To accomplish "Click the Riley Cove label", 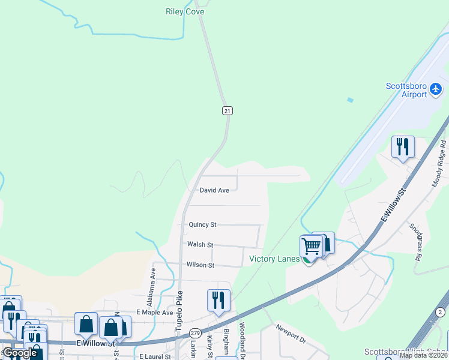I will tap(185, 11).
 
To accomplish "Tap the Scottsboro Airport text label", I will tap(406, 90).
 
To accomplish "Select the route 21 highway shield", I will tap(227, 110).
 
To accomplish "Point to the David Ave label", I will tap(214, 190).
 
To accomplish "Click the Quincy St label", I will tap(202, 224).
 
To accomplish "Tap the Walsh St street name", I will tap(200, 245).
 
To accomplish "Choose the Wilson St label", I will tap(200, 265).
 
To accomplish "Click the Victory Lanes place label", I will tap(274, 259).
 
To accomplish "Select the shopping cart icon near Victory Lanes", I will tap(311, 245).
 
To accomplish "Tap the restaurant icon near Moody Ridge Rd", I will tap(403, 146).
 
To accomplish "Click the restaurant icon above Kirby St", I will tap(218, 299).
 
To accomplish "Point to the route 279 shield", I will tap(195, 332).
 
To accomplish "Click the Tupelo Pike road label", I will tap(178, 313).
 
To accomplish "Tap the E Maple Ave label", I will tap(155, 313).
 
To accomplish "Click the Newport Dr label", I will tap(291, 334).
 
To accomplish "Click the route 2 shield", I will tap(441, 313).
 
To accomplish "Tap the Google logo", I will tap(20, 353).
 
